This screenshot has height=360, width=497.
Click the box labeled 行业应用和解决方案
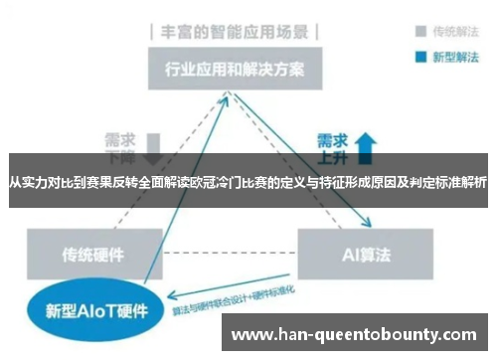235,72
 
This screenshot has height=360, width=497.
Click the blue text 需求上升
332,145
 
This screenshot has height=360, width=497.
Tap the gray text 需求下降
120,145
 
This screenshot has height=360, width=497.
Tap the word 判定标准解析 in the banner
454,183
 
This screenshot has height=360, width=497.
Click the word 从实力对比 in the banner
37,183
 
